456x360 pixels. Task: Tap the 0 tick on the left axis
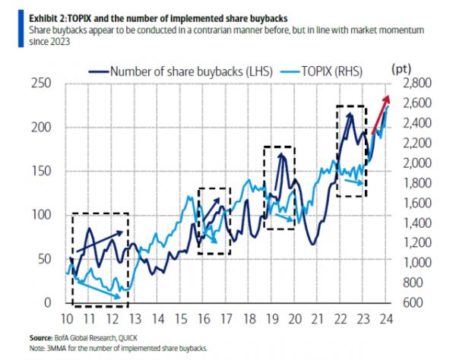pos(46,302)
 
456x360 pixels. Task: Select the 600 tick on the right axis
pos(417,302)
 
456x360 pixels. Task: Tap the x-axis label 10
pos(67,317)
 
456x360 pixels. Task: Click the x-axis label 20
pos(296,317)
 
